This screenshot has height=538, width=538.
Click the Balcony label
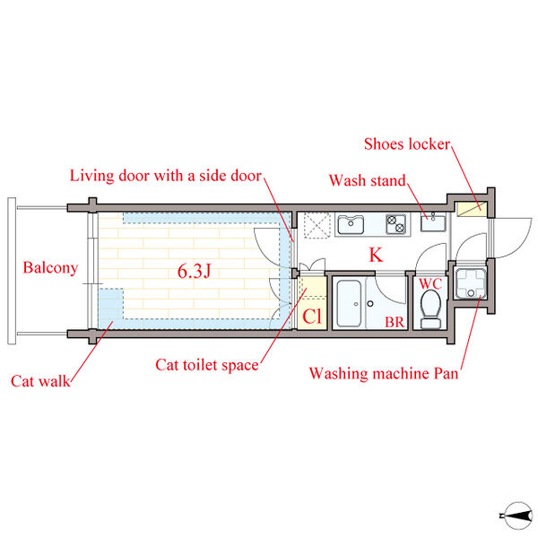50,267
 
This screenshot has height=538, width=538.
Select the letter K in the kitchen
376,256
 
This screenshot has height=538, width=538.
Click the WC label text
430,284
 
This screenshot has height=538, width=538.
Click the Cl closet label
311,316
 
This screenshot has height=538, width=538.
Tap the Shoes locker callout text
407,144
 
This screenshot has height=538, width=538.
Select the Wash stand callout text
368,181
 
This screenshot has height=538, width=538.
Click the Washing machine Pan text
383,372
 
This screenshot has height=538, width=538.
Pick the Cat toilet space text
207,365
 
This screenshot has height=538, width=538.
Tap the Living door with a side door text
166,176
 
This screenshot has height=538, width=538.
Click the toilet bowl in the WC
430,309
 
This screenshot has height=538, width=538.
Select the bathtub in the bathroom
349,304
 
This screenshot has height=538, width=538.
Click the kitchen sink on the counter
349,223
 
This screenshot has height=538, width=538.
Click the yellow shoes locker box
468,209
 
